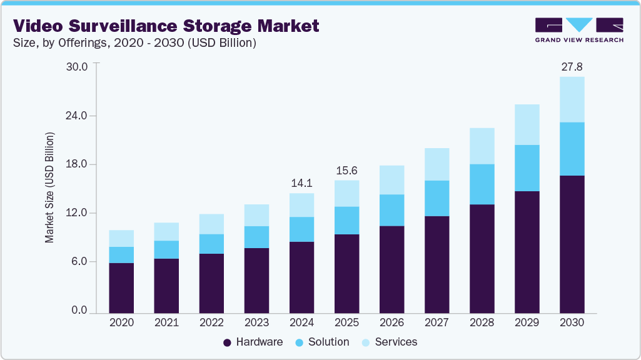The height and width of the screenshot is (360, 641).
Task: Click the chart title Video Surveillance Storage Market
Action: pyautogui.click(x=166, y=26)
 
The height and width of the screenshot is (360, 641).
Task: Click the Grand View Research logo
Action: pyautogui.click(x=578, y=30)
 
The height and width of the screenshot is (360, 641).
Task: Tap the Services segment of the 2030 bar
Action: pyautogui.click(x=572, y=99)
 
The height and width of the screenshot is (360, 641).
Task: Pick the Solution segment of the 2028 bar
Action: pyautogui.click(x=482, y=184)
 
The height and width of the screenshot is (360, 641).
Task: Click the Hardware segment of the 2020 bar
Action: pyautogui.click(x=121, y=287)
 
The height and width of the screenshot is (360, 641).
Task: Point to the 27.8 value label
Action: pyautogui.click(x=572, y=66)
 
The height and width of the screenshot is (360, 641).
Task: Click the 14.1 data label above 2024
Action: pyautogui.click(x=301, y=183)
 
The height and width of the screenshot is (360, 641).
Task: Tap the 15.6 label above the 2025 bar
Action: pyautogui.click(x=346, y=170)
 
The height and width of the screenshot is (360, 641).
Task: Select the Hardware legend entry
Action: pyautogui.click(x=253, y=342)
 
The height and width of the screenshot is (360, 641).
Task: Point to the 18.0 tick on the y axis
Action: pyautogui.click(x=78, y=164)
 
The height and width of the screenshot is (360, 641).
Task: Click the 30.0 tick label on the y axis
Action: pyautogui.click(x=78, y=67)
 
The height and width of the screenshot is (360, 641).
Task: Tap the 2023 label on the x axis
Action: pyautogui.click(x=256, y=323)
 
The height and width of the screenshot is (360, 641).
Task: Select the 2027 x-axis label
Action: pyautogui.click(x=437, y=323)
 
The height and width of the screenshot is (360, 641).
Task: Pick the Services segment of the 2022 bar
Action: pyautogui.click(x=211, y=224)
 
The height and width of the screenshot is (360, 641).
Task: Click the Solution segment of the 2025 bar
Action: pyautogui.click(x=346, y=221)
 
